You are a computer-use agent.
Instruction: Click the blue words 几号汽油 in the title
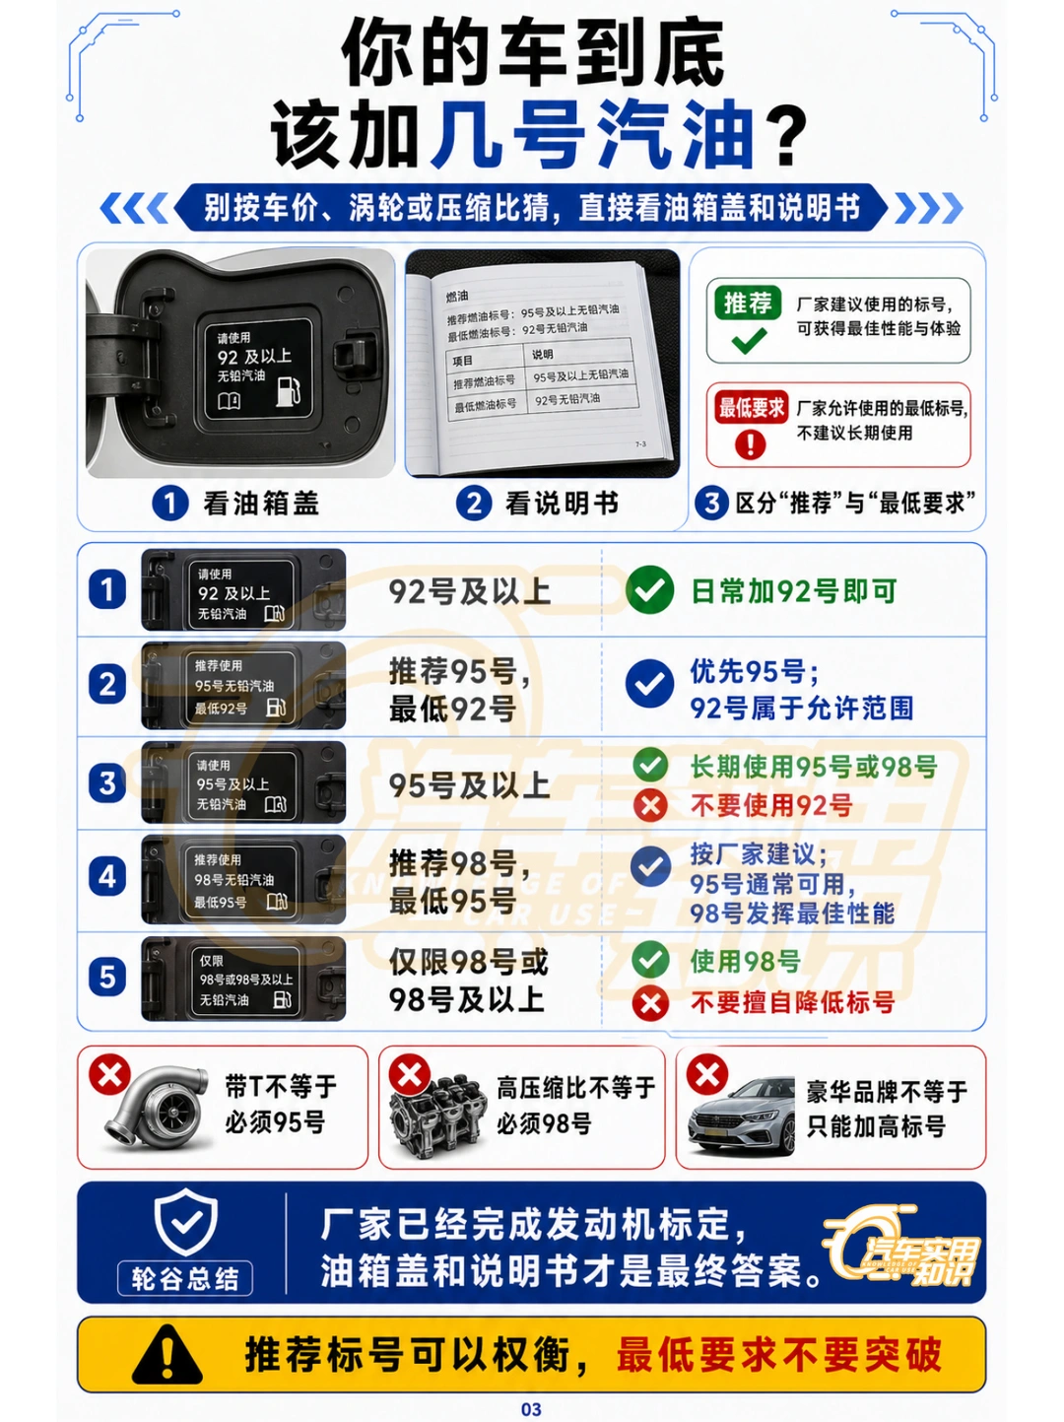593,135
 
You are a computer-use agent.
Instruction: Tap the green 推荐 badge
748,304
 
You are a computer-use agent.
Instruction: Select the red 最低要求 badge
751,408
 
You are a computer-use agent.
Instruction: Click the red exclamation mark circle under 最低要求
750,444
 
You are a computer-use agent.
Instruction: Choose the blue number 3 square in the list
107,782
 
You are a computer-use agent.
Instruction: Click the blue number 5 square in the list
107,977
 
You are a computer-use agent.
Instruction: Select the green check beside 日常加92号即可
649,589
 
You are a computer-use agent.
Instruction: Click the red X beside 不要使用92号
650,806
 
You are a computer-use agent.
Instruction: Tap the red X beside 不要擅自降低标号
650,1003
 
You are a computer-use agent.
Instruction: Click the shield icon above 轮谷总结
186,1222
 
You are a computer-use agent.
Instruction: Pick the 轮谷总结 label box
185,1278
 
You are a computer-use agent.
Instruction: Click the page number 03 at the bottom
531,1409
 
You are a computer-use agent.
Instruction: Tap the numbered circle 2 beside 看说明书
474,504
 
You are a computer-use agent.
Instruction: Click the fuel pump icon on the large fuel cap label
288,390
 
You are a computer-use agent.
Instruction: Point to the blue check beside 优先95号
649,684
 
